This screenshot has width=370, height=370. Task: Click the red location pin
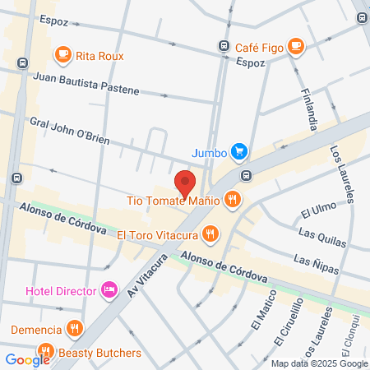coord(184,182)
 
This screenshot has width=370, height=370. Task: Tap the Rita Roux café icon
coord(62,55)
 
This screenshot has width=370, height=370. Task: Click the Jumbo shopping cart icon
coord(238,151)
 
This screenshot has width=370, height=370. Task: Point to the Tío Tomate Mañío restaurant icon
coord(234,198)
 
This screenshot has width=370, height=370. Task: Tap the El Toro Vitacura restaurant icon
coord(210,234)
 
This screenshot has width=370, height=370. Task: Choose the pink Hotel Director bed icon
coord(109,289)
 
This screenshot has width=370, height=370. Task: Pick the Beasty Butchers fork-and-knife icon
coord(47,353)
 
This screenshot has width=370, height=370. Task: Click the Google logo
coord(27,359)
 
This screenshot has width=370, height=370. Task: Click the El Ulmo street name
coord(316,211)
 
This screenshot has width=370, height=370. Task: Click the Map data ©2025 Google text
coord(320,363)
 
